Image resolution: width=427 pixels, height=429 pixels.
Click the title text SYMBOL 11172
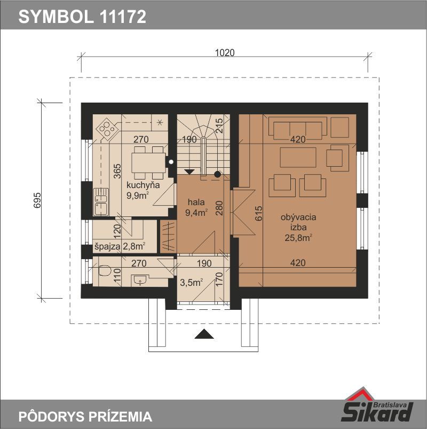coord(82,17)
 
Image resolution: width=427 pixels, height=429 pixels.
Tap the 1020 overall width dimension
coord(225,52)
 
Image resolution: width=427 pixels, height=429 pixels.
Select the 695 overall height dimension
coord(37,200)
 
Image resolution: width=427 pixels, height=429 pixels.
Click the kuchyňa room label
coord(143,185)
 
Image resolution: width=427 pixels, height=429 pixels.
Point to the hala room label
coord(196,202)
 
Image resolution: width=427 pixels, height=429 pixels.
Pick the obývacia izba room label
coord(298,222)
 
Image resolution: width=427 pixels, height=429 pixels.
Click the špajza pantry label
coord(107,246)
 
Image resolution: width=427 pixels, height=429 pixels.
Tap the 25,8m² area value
coord(298,238)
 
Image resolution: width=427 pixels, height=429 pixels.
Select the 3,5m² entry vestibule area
coord(192,283)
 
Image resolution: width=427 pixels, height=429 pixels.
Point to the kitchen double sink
coord(101,201)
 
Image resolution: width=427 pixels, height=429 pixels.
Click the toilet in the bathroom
coord(104,271)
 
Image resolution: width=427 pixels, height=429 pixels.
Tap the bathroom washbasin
coord(140,280)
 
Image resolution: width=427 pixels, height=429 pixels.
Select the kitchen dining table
coord(148,162)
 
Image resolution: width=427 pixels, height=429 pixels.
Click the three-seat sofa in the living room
coord(298,128)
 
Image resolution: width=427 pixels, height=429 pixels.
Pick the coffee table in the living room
coord(298,157)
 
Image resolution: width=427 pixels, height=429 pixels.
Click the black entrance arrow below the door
coord(204,334)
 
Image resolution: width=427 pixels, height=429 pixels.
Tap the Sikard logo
coord(377,405)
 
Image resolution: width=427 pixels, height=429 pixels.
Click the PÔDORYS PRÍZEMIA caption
coord(85,417)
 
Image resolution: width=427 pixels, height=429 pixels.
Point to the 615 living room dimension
coord(258,213)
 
